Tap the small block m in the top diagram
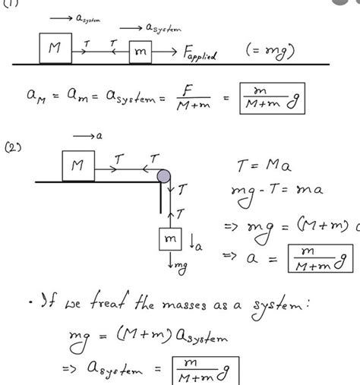click(x=142, y=53)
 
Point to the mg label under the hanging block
click(x=176, y=268)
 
